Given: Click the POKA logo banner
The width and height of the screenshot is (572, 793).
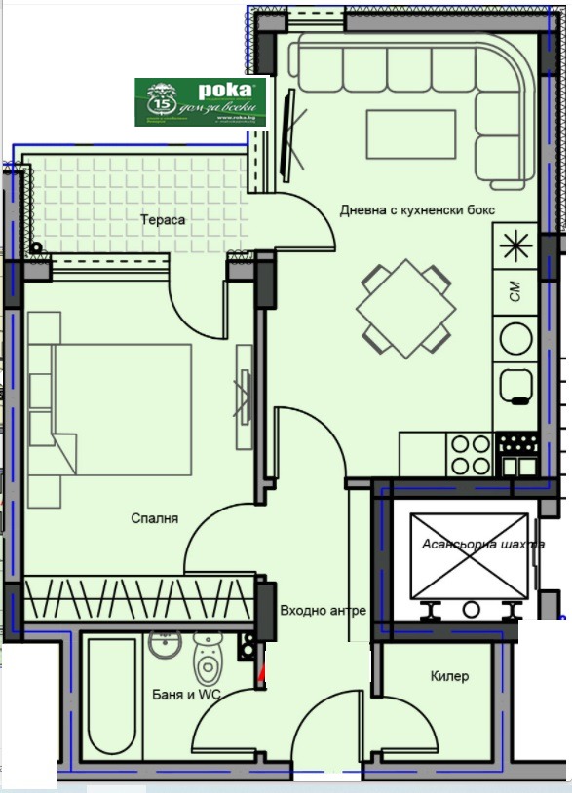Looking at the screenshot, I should (x=201, y=101).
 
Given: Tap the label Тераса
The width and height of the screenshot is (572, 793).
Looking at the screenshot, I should (x=163, y=220).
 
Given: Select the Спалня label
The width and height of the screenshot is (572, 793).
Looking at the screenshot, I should (x=154, y=519).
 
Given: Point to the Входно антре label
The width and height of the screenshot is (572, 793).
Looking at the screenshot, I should (x=323, y=611).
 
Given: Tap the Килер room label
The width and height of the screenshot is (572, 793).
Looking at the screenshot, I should (x=449, y=676).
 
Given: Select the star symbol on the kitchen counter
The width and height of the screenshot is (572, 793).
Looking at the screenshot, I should (x=514, y=246).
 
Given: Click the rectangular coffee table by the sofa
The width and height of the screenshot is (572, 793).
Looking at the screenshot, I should (x=410, y=133).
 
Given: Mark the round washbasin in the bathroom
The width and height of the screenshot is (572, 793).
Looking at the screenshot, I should (x=165, y=645).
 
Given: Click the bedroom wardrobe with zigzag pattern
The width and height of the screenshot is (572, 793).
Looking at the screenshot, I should (x=139, y=597).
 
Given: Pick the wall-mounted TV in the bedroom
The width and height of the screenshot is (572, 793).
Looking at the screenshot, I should (x=243, y=398).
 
